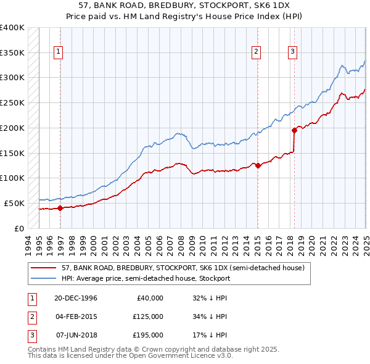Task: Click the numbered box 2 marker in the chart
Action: click(x=256, y=52)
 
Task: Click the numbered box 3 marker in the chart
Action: click(x=292, y=52)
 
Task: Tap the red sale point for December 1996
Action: click(x=60, y=209)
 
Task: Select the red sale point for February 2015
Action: click(x=257, y=165)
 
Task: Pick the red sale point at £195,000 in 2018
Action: click(x=294, y=130)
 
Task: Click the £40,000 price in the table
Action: click(x=150, y=298)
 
